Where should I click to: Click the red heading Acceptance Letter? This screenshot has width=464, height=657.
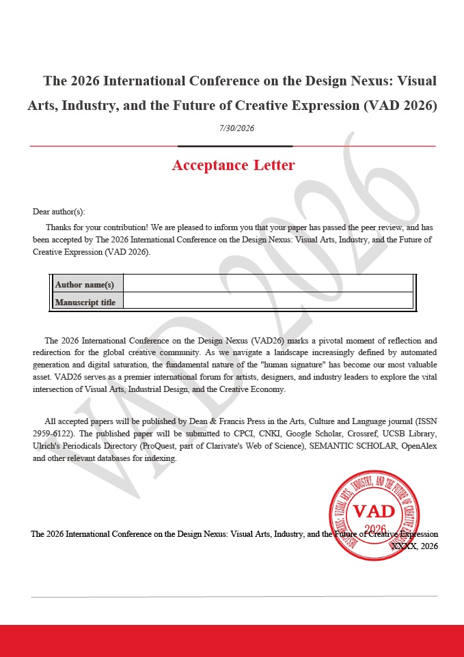[233, 165]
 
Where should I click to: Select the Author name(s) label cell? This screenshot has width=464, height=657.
[85, 284]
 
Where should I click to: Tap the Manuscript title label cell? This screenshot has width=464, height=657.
[85, 302]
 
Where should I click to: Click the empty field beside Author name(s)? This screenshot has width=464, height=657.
[268, 283]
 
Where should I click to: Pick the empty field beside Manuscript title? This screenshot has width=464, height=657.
[268, 301]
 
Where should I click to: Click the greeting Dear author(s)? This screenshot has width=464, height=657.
[59, 212]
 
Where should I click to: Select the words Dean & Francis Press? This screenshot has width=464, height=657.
[211, 421]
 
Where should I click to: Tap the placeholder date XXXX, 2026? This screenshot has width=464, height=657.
[414, 546]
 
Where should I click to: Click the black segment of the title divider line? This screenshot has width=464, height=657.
[235, 146]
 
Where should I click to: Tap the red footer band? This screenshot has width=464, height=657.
[232, 641]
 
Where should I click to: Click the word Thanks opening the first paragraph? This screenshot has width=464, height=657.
[59, 227]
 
